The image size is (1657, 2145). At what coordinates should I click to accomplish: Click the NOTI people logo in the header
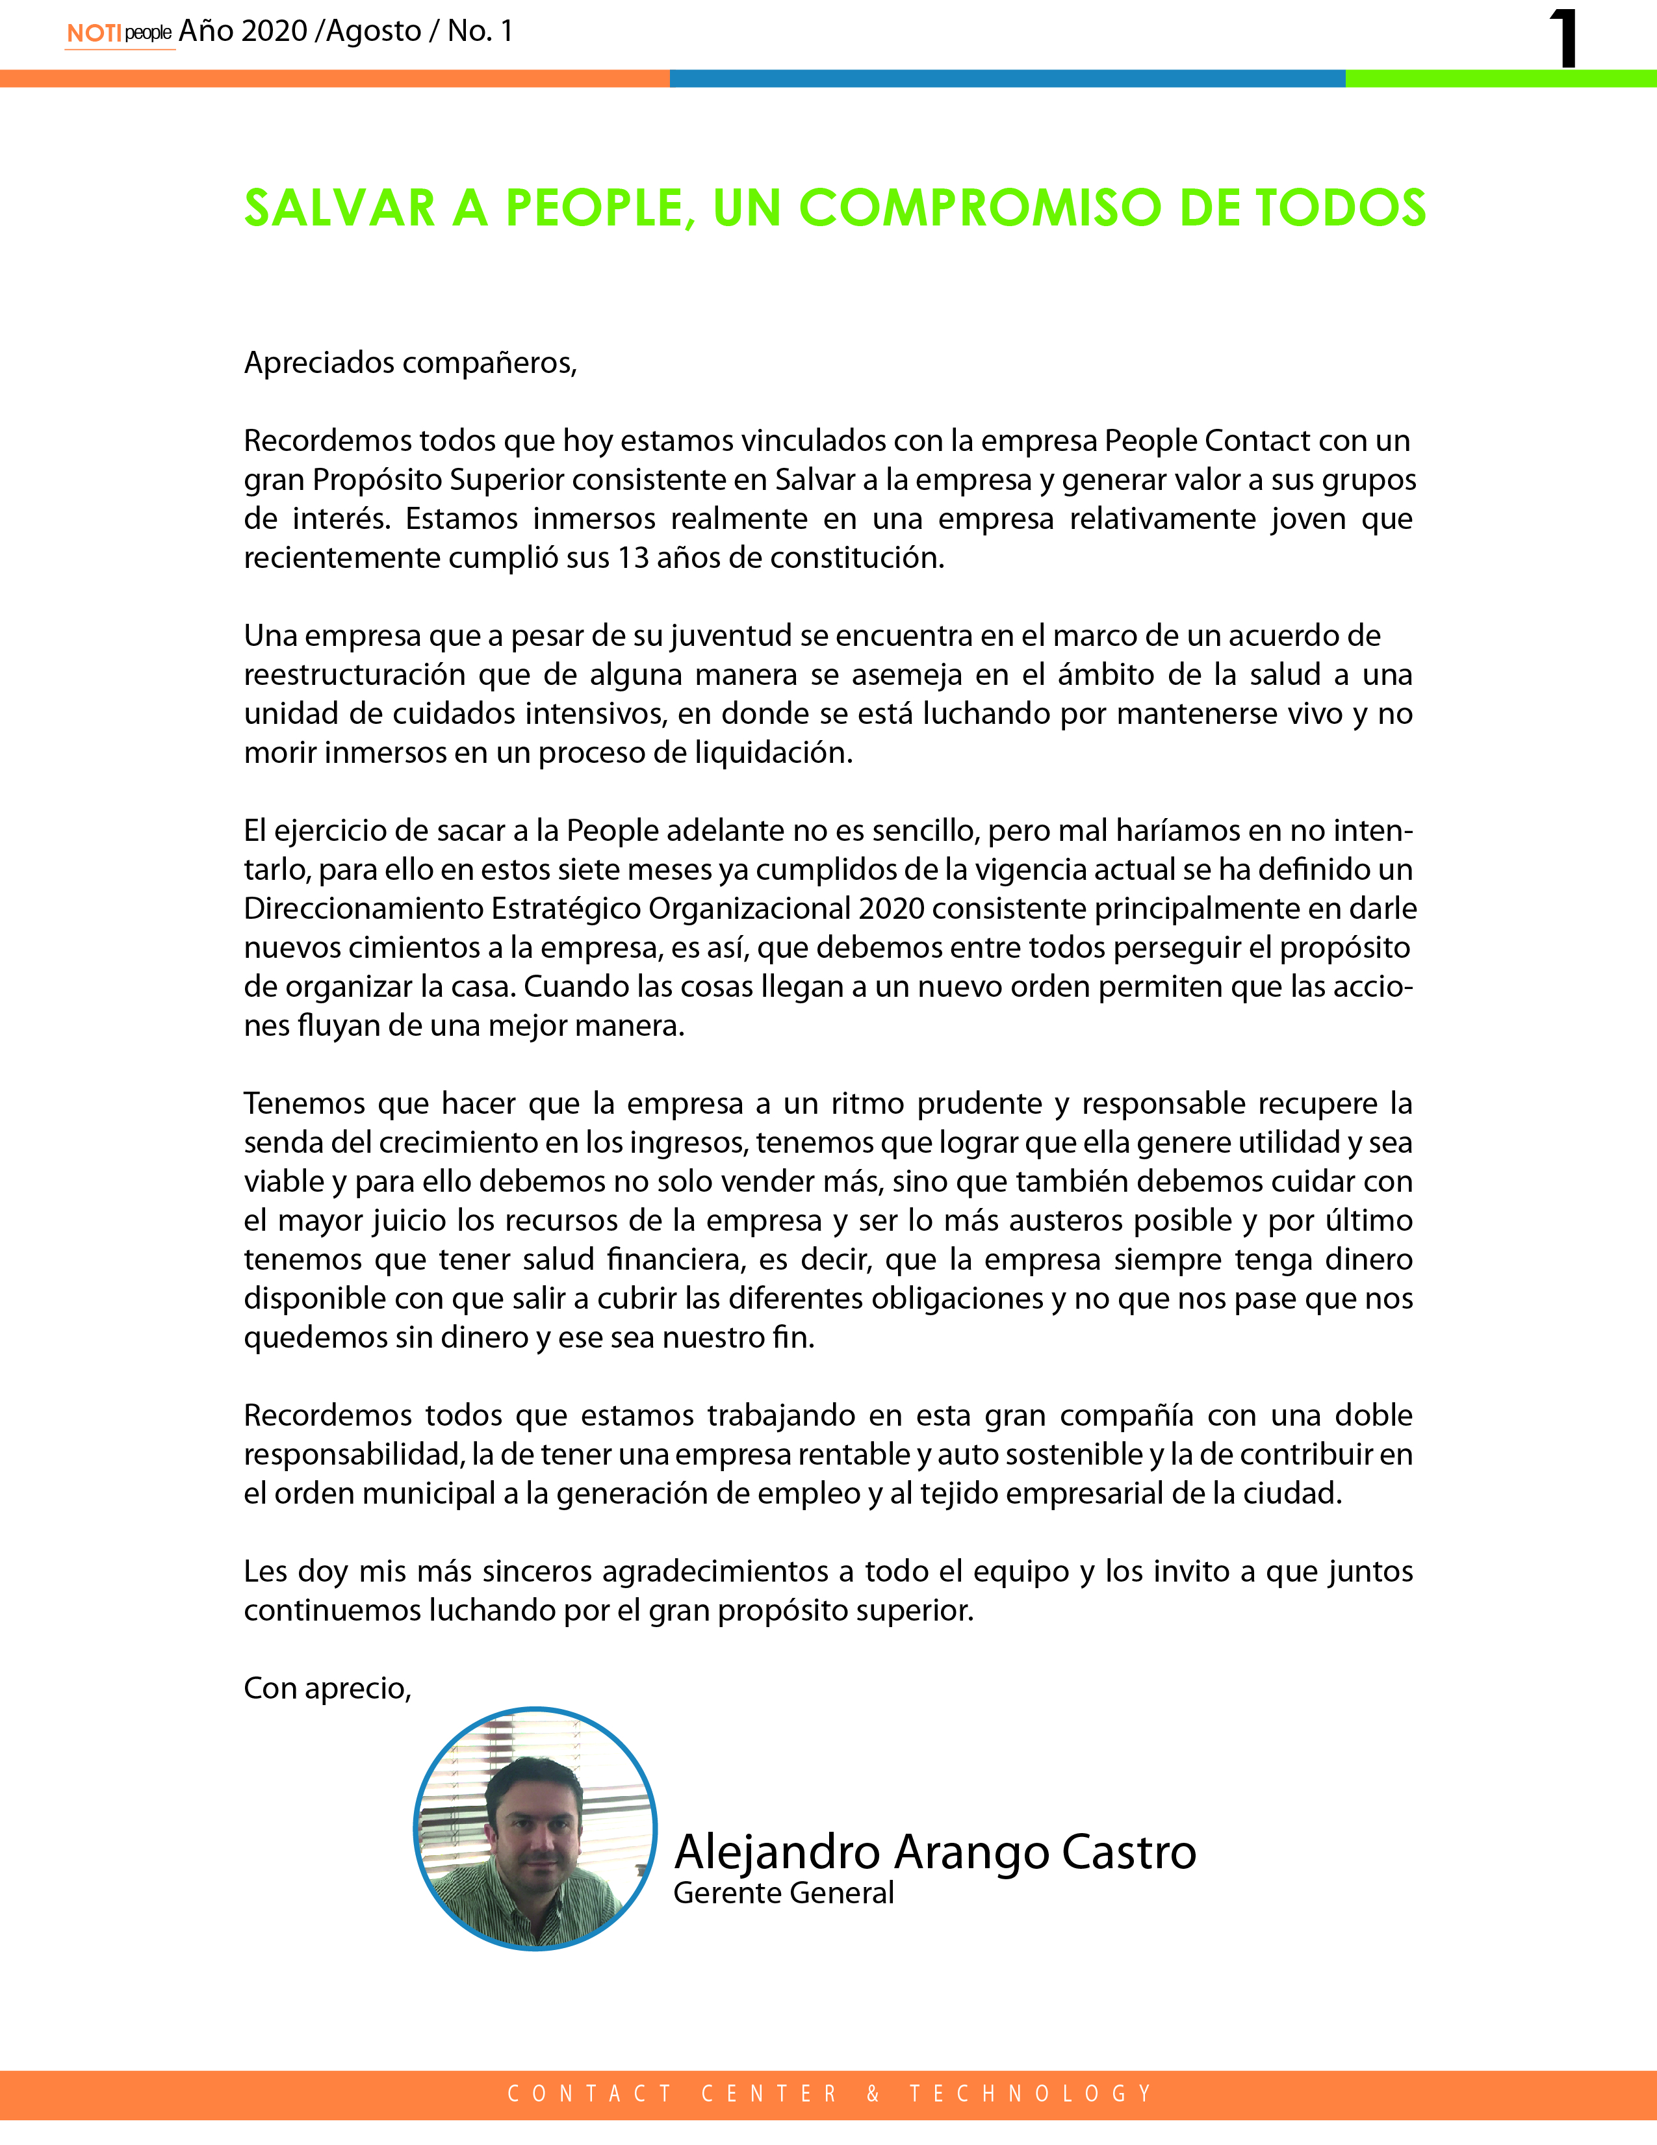(119, 32)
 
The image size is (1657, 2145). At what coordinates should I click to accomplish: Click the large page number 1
(1563, 39)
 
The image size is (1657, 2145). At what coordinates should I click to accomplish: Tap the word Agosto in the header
(373, 31)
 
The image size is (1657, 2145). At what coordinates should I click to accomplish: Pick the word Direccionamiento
(363, 908)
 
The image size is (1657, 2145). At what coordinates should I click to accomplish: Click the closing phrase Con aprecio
(327, 1688)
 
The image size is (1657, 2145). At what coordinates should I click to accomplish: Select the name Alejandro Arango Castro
(934, 1853)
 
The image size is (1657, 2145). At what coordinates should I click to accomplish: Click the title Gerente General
(783, 1893)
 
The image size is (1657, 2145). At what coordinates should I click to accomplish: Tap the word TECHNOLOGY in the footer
(1031, 2094)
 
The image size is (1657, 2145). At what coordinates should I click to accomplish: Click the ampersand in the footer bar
(873, 2094)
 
